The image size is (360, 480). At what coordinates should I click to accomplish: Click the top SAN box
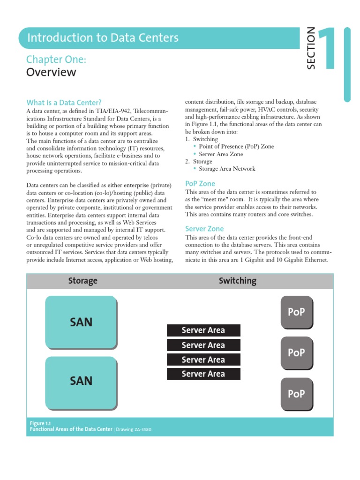tap(81, 322)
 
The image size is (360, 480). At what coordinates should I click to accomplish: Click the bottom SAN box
tap(81, 381)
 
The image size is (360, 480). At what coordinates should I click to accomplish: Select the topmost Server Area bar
tap(203, 330)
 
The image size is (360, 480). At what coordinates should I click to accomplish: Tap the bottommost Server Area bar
tap(203, 374)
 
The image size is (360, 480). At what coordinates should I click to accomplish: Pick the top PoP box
tap(296, 312)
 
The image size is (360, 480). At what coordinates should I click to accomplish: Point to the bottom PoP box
tap(296, 394)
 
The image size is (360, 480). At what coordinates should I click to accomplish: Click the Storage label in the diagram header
tap(83, 281)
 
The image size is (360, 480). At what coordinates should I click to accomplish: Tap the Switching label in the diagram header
tap(238, 281)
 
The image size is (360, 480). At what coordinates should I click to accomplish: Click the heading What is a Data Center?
tap(64, 103)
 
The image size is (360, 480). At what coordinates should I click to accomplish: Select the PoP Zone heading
tap(200, 184)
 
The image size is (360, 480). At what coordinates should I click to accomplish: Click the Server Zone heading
tap(204, 229)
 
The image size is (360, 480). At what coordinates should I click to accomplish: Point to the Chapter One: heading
tap(56, 60)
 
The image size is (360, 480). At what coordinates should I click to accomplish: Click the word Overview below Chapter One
tap(51, 72)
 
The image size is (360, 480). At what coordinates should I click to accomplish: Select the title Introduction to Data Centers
tap(103, 38)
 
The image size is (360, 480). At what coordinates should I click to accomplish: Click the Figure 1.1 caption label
tap(40, 423)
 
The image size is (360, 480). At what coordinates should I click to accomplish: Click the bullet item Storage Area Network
tap(227, 169)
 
